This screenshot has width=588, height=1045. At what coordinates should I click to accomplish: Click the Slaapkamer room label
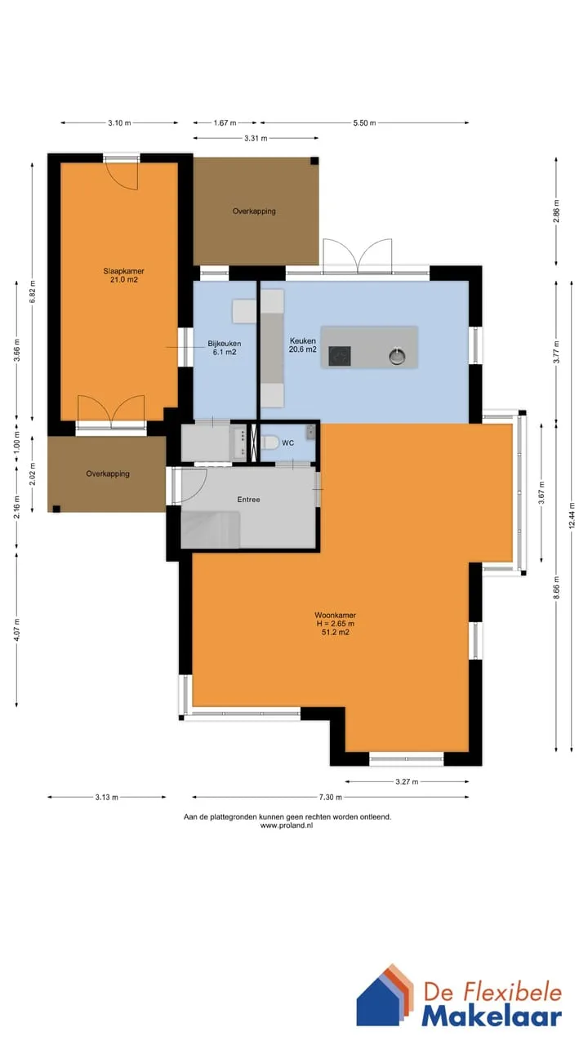click(x=123, y=271)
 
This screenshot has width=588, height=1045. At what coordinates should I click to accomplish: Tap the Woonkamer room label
click(x=335, y=616)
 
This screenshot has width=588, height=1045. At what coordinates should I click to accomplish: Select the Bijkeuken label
click(x=225, y=344)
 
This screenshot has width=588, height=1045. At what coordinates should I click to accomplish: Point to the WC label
click(x=288, y=442)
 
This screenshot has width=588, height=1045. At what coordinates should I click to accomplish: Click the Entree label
click(x=248, y=500)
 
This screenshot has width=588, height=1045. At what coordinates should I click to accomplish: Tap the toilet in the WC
click(x=269, y=442)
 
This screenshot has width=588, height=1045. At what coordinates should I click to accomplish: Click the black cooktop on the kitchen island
click(x=340, y=356)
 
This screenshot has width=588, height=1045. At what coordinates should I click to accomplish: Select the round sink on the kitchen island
click(x=397, y=357)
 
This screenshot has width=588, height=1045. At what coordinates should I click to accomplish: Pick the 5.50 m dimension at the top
click(x=364, y=123)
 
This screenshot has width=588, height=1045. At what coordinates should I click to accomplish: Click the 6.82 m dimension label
click(x=32, y=291)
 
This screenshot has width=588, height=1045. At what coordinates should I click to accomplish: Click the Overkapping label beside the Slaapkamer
click(x=254, y=211)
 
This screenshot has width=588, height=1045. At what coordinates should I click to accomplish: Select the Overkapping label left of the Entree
click(x=108, y=474)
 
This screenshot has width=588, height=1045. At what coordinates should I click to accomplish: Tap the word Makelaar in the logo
click(x=492, y=1017)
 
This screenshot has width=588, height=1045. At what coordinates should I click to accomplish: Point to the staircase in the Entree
click(x=211, y=530)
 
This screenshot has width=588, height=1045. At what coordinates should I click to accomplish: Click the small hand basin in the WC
click(x=311, y=432)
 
